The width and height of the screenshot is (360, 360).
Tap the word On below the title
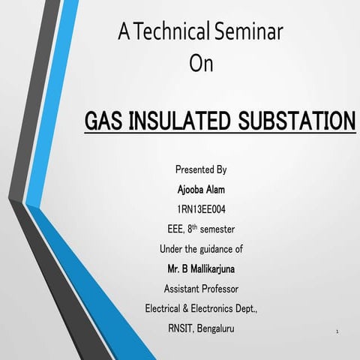[201, 64]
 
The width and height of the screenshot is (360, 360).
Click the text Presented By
[201, 170]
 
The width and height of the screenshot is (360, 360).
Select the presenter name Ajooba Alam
[201, 190]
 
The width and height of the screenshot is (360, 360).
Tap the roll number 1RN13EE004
[201, 209]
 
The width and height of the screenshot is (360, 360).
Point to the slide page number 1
[338, 331]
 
